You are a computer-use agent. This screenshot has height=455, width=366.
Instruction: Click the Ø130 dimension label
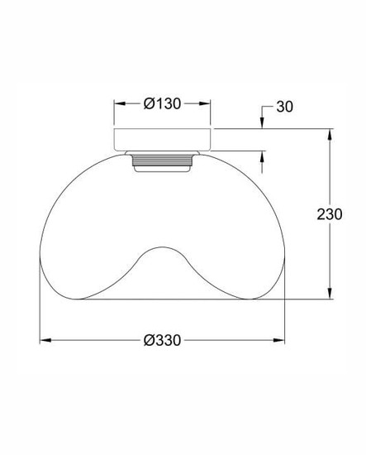[x=162, y=103]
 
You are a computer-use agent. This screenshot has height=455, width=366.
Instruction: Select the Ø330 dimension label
[x=162, y=340]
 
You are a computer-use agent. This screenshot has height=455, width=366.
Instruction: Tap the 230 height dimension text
[x=330, y=214]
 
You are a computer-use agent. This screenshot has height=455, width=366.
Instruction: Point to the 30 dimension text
[x=284, y=107]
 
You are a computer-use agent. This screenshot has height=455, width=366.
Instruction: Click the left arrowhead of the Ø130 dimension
[x=120, y=103]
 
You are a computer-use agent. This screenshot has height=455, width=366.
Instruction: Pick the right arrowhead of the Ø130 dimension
[x=205, y=103]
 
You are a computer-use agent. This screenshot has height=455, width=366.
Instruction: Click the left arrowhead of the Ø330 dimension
[x=45, y=340]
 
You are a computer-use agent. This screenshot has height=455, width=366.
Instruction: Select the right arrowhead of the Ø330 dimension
[x=278, y=340]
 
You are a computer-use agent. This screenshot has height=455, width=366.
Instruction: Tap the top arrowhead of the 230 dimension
[x=330, y=135]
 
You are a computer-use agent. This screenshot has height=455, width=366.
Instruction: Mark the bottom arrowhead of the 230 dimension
[x=330, y=293]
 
